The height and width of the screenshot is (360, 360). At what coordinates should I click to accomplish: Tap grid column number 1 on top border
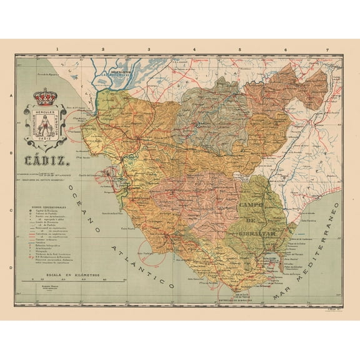[57, 49]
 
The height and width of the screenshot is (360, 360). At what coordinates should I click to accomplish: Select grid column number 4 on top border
[194, 49]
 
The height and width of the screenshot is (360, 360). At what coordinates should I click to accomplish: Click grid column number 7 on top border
[326, 49]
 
